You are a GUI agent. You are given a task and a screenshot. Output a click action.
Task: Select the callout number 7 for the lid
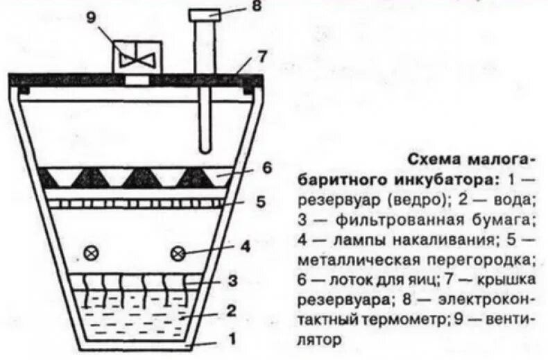point(261,55)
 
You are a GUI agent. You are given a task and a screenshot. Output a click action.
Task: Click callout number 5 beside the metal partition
point(260,202)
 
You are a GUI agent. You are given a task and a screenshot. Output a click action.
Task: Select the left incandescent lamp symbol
point(90,254)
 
